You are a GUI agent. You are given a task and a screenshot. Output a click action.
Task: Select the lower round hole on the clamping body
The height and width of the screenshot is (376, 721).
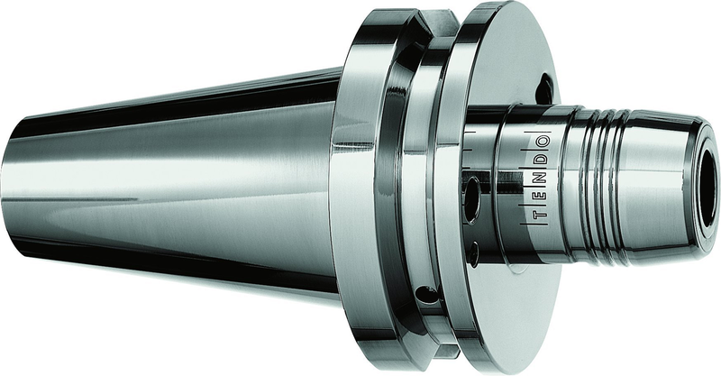click(x=472, y=253)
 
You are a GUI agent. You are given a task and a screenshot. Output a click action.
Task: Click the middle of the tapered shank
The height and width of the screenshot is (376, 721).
click(x=180, y=185)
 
